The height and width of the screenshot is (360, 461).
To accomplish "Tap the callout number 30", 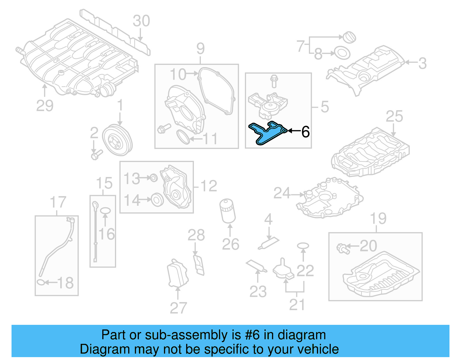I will (141, 21).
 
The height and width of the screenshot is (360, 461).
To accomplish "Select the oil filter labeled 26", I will (227, 211).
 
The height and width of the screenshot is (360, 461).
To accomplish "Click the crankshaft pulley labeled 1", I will (117, 140).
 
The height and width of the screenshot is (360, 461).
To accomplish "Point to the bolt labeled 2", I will (96, 155).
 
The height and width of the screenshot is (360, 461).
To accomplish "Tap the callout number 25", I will (394, 116).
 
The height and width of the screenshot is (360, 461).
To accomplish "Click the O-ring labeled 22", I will (303, 246).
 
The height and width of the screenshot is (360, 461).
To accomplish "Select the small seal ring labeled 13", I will (154, 178).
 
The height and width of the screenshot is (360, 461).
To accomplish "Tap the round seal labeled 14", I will (157, 199).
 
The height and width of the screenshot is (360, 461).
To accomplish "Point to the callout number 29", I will (45, 106).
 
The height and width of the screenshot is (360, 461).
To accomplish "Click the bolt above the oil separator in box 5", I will (274, 81).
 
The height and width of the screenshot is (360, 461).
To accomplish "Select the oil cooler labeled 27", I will (177, 274).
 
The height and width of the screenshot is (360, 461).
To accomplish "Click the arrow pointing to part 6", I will (294, 131).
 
